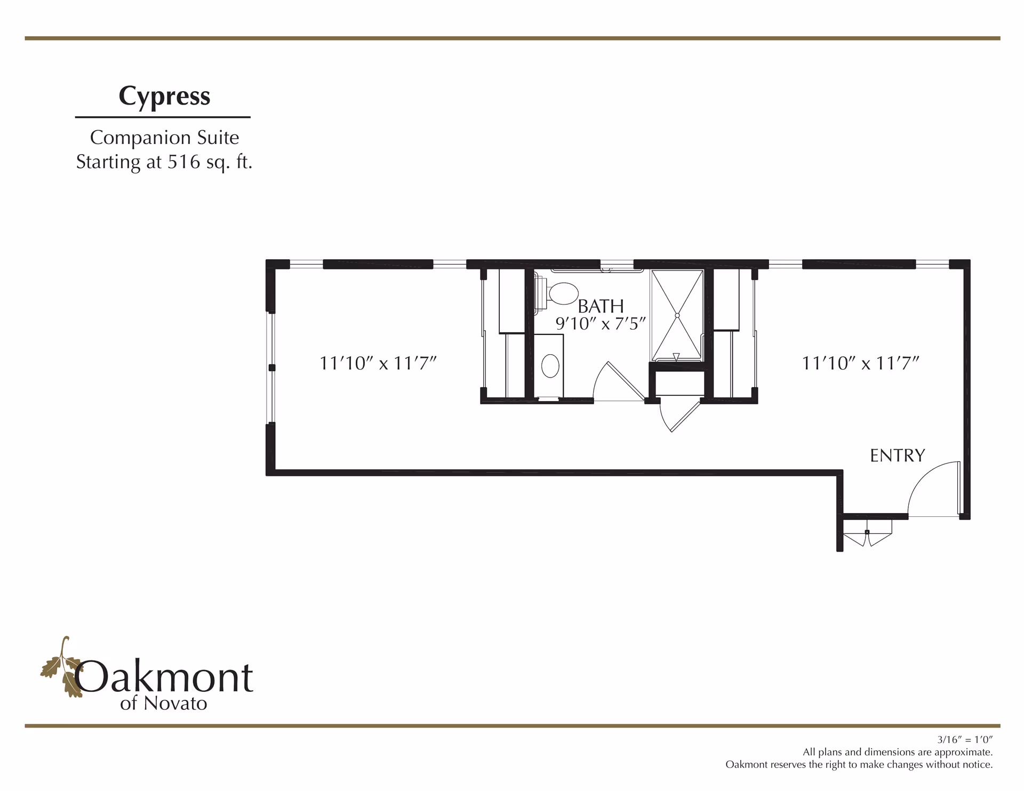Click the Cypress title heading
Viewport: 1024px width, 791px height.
pos(164,97)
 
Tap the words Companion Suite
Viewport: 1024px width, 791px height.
pos(164,138)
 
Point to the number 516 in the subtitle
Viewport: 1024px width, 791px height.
pos(184,162)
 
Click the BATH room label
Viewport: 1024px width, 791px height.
pos(601,306)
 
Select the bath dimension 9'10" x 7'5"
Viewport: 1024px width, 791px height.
pos(601,323)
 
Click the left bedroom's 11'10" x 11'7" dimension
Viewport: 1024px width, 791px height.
pos(378,363)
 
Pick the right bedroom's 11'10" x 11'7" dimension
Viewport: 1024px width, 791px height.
pos(860,363)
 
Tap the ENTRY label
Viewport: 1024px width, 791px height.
pos(898,456)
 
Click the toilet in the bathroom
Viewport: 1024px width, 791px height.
pos(560,294)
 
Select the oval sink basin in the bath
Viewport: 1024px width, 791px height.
pos(550,366)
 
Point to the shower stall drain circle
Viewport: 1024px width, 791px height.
pos(677,316)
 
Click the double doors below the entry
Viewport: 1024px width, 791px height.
pos(867,536)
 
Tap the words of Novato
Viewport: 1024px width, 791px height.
pos(164,704)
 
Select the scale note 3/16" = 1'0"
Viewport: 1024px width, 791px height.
pos(965,740)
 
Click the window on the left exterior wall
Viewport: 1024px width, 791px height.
pos(271,367)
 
